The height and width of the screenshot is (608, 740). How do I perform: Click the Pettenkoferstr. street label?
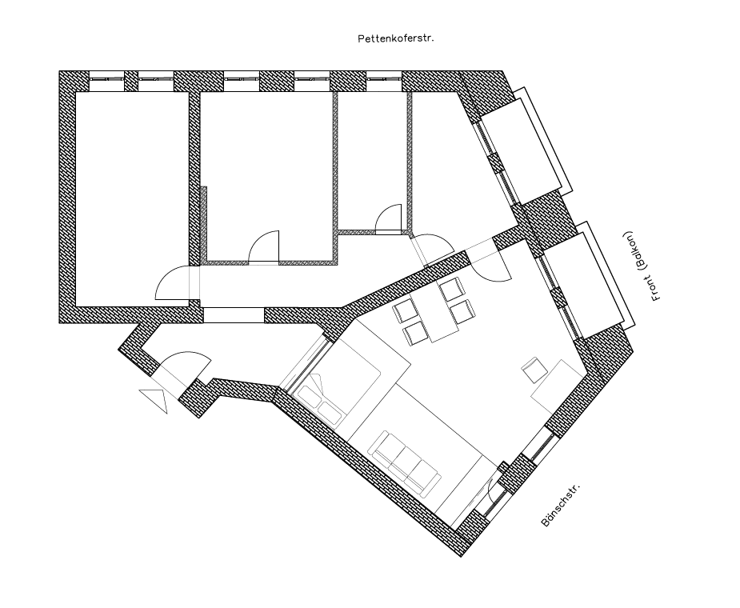click(x=395, y=38)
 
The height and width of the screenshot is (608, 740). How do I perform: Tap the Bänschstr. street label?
click(x=560, y=505)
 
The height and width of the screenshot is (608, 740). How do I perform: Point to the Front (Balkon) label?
click(x=643, y=266)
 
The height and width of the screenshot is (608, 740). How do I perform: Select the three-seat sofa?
click(x=406, y=462)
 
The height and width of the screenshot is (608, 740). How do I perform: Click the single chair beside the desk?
click(x=534, y=370)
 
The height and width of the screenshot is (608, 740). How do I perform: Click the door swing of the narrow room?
click(x=389, y=219)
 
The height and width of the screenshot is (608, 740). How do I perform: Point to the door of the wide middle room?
click(x=264, y=246)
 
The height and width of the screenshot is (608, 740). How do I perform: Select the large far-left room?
click(x=133, y=198)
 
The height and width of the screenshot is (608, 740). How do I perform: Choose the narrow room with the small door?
click(x=373, y=161)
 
